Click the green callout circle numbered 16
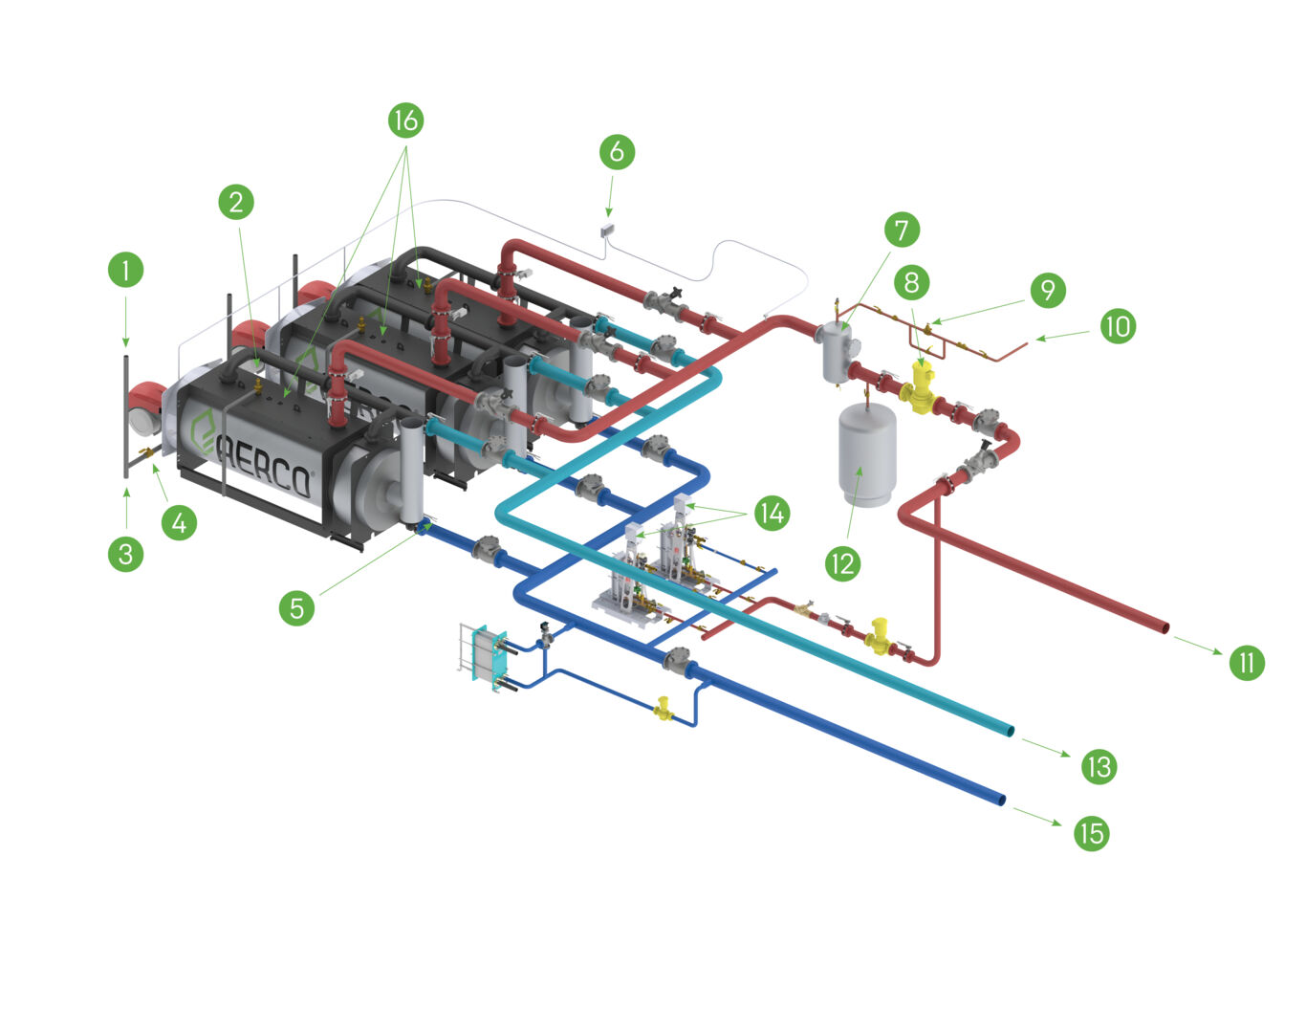point(405,120)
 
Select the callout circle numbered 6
point(617,151)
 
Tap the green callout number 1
point(125,269)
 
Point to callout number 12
point(842,563)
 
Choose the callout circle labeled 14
point(772,514)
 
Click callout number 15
point(1091,833)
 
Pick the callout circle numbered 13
point(1099,766)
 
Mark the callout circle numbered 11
point(1247,662)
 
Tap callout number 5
point(297,606)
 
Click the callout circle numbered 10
point(1117,326)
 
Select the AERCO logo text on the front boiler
point(264,465)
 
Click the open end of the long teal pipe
point(1009,732)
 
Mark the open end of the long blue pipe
point(1000,799)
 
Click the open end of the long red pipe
point(1164,627)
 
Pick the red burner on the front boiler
point(148,406)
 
